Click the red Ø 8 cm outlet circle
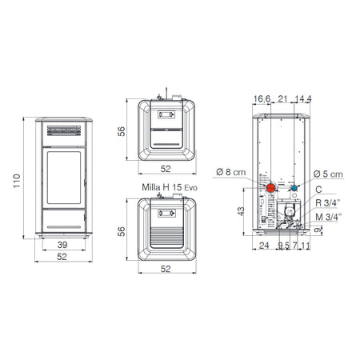pyautogui.click(x=271, y=188)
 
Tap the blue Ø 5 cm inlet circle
pyautogui.click(x=294, y=188)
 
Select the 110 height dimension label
pyautogui.click(x=17, y=181)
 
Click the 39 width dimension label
pyautogui.click(x=62, y=245)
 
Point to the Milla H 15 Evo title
pyautogui.click(x=170, y=187)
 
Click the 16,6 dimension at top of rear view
pyautogui.click(x=262, y=99)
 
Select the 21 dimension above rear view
pyautogui.click(x=282, y=99)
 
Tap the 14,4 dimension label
pyautogui.click(x=303, y=99)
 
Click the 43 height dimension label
pyautogui.click(x=241, y=211)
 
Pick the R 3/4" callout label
pyautogui.click(x=328, y=203)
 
